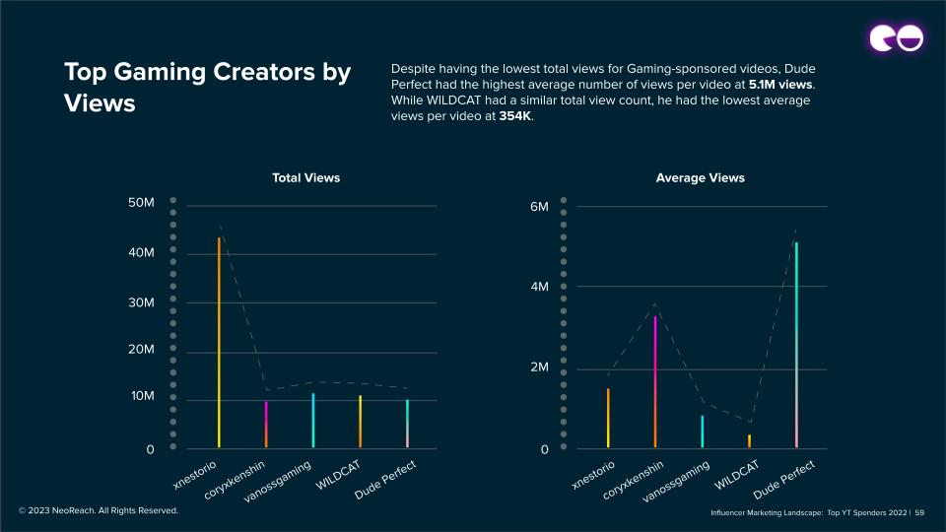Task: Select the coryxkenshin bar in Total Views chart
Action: tap(266, 424)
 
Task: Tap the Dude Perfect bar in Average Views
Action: tap(796, 345)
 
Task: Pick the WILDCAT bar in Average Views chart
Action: tap(749, 440)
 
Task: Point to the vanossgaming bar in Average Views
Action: tap(703, 432)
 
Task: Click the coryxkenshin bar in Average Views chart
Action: tap(655, 381)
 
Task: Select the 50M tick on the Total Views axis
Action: tap(141, 203)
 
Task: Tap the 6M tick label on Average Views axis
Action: tap(539, 208)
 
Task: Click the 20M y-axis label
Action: tap(141, 350)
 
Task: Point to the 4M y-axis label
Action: tap(539, 288)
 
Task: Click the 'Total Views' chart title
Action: tap(305, 178)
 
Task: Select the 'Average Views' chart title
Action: tap(700, 178)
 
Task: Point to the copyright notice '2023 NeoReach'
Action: tap(99, 510)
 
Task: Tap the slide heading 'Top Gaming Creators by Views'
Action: tap(207, 87)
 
